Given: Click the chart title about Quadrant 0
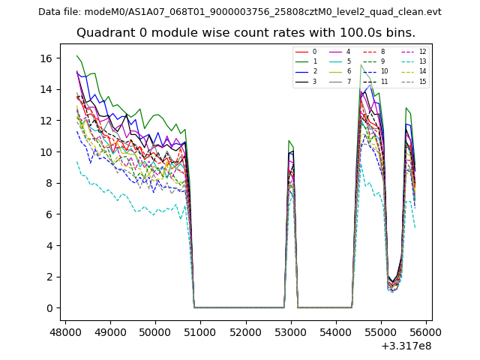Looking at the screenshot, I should tap(245, 33).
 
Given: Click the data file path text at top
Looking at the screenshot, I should tap(240, 11).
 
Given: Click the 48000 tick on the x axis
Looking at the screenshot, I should tap(65, 330).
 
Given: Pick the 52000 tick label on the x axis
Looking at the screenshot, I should tap(246, 330).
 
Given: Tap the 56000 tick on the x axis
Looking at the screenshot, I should tap(426, 330).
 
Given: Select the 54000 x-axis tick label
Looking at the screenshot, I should tap(336, 330).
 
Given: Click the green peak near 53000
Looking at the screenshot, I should tap(289, 140).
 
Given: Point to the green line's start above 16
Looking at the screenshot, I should tap(76, 56).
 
